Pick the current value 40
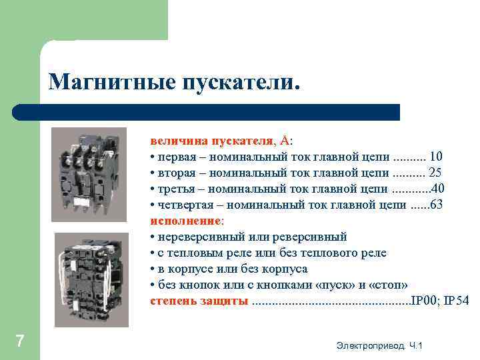point(439,189)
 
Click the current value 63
point(436,205)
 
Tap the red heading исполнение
point(186,221)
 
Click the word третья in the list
point(175,189)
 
